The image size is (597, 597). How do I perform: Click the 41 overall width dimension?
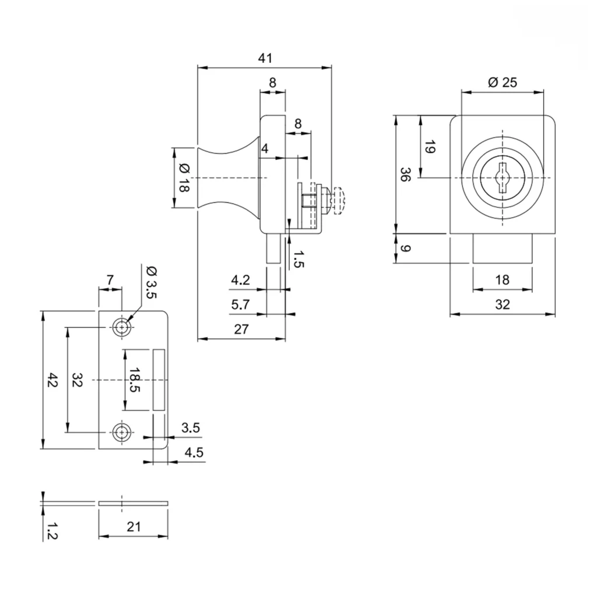pos(265,58)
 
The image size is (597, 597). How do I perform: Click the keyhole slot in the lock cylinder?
pos(502,178)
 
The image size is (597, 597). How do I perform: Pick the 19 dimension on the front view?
pos(430,148)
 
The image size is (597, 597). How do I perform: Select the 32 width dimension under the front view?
pos(502,304)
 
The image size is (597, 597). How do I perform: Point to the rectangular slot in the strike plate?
pos(159,380)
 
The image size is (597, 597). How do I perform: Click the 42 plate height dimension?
pos(52,380)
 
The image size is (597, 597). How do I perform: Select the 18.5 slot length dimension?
pos(135,380)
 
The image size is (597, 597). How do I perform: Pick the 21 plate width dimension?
pos(134,526)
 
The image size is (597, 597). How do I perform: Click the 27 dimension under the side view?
pos(241,329)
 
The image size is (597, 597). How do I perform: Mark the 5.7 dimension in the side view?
pos(241,304)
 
